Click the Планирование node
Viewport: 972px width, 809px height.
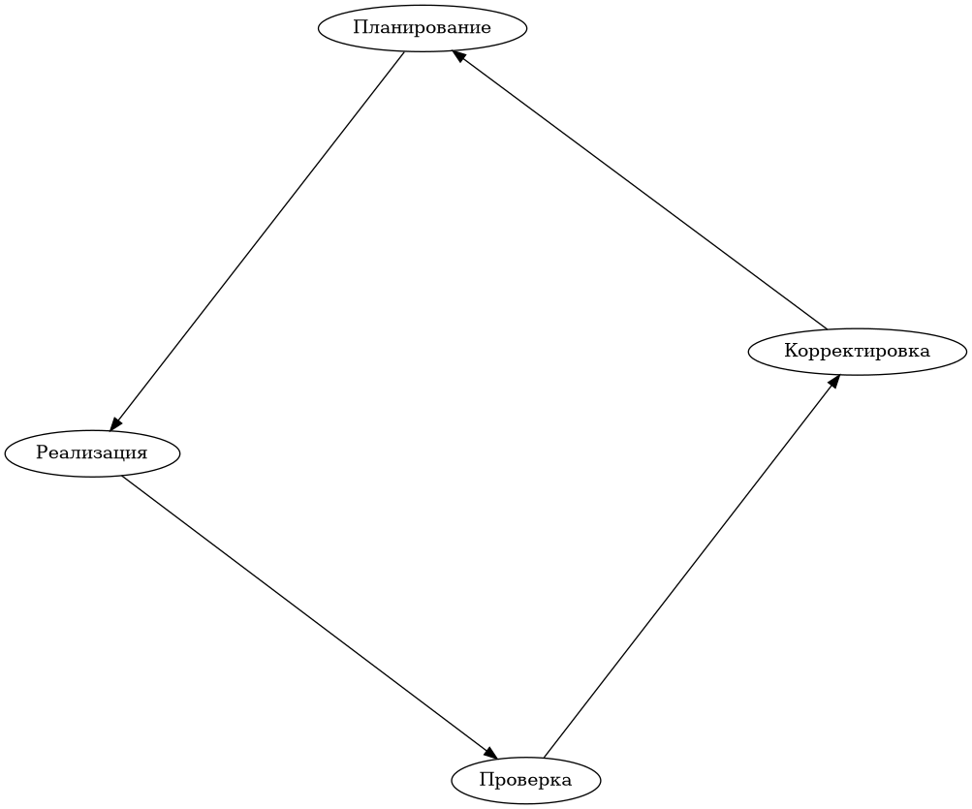(422, 28)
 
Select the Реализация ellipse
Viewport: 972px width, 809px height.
(92, 452)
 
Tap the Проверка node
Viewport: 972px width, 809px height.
(525, 780)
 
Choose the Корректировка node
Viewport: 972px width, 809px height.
(857, 351)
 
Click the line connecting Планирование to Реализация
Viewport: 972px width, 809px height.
(258, 238)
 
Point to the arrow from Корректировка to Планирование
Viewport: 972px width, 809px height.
(640, 191)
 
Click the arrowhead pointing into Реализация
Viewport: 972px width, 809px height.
(115, 421)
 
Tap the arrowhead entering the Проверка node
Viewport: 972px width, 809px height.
(490, 754)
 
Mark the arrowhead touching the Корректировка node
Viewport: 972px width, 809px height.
(832, 382)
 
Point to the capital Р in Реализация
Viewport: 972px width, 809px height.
(42, 452)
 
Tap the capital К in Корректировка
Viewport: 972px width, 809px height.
(791, 351)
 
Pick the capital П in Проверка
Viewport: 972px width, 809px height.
(486, 780)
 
